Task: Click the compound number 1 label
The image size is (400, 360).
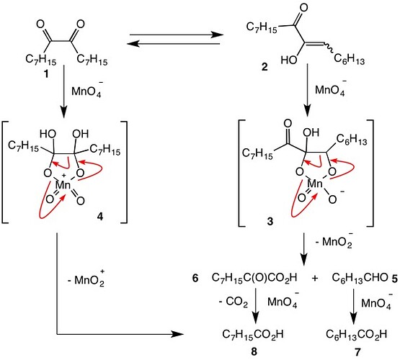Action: coord(46,74)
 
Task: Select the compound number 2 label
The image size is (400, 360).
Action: coord(265,67)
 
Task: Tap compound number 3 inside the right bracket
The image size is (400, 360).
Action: coord(270,221)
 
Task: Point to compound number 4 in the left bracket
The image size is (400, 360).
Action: coord(100,217)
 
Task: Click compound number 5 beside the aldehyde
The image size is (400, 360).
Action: coord(394,278)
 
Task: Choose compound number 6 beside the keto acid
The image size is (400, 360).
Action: coord(195,278)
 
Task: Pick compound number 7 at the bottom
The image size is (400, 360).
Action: coord(357,352)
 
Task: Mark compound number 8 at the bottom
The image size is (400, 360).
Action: coord(254,352)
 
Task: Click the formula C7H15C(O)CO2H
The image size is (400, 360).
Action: coord(254,278)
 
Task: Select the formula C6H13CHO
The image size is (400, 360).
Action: coord(360,278)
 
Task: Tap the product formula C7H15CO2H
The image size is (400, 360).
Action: coord(253,334)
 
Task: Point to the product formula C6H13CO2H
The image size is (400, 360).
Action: coord(357,334)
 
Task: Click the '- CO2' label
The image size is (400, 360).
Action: coord(234,302)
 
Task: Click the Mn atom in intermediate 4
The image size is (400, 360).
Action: coord(63,185)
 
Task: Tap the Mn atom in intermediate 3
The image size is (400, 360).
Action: coord(315,184)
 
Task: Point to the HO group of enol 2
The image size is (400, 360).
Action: coord(289,60)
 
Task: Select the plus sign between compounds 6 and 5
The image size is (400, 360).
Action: coord(315,278)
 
